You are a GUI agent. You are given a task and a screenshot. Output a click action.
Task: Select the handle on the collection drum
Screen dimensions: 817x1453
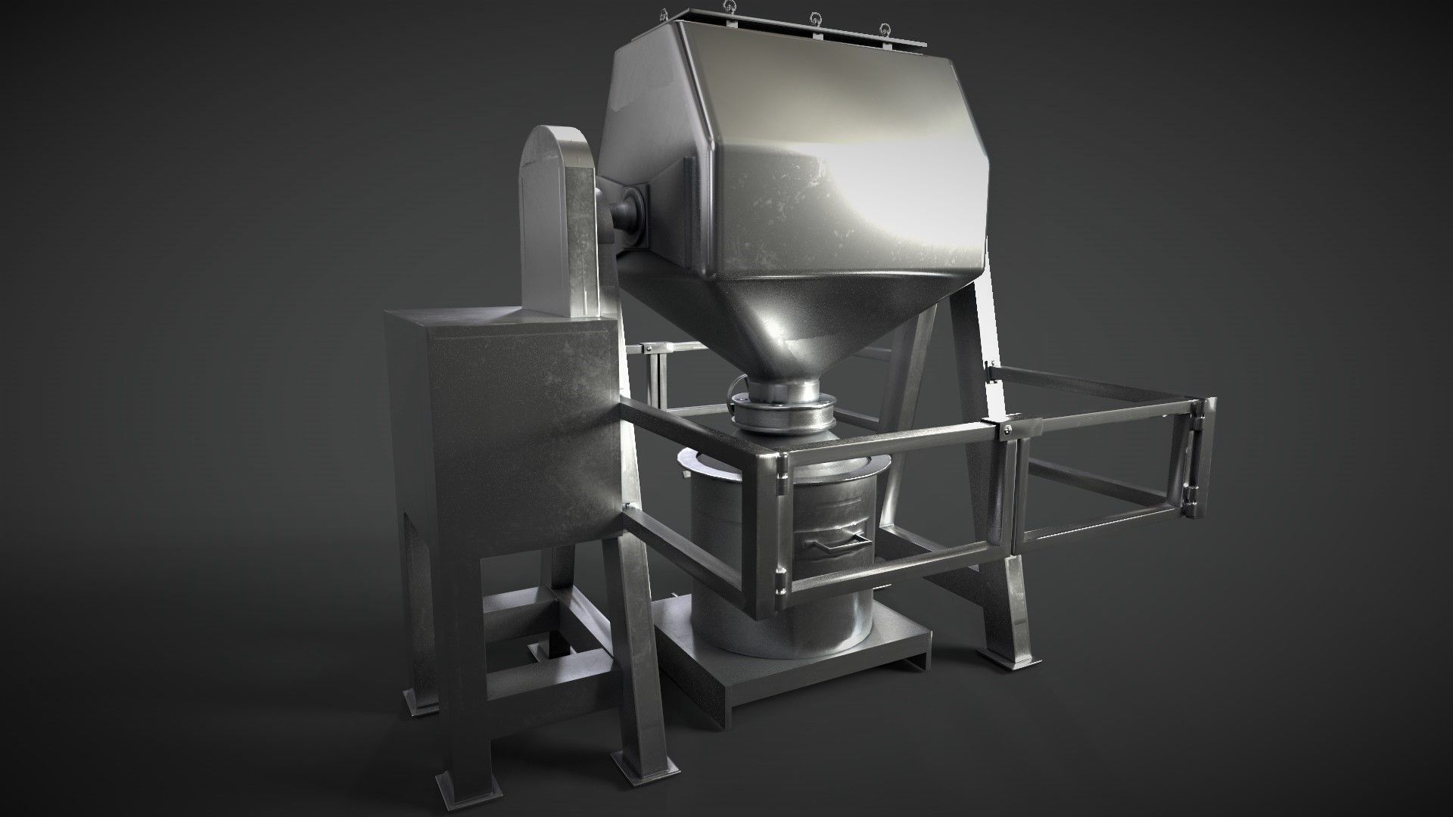835,542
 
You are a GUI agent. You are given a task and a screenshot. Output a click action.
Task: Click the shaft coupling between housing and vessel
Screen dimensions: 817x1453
628,212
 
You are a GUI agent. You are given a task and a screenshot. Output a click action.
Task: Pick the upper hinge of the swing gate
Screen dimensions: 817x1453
1199,414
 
